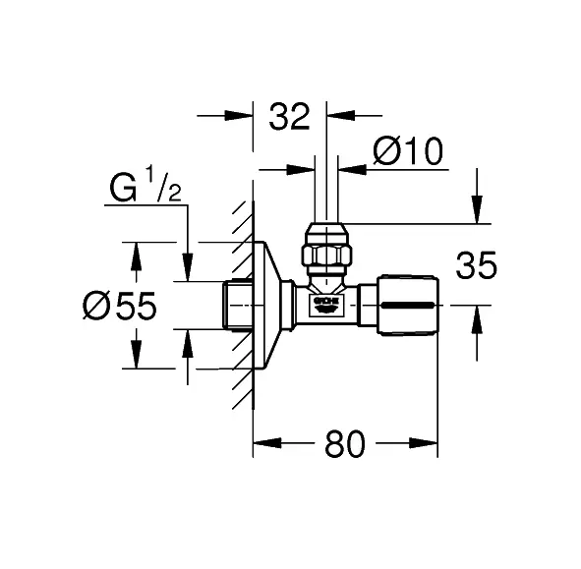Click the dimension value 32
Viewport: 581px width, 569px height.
click(289, 117)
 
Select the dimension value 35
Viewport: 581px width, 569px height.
click(476, 265)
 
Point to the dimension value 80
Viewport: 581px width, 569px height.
click(345, 443)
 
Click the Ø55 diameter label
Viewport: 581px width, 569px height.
click(120, 306)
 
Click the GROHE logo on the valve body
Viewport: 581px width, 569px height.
click(326, 301)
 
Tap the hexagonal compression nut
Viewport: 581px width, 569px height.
click(326, 255)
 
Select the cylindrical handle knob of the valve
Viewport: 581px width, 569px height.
click(408, 306)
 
